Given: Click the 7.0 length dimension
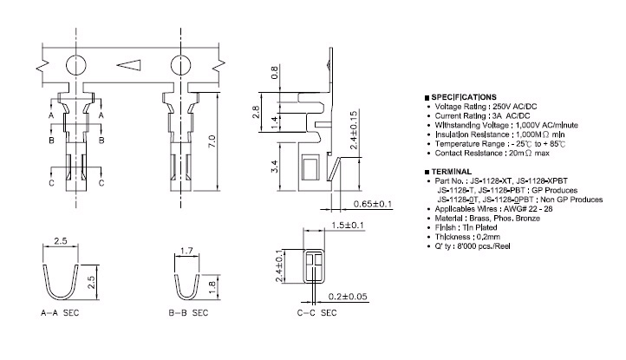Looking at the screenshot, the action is click(212, 141).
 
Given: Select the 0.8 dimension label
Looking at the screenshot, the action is click(275, 72).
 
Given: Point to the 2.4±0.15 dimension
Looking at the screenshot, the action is click(354, 130).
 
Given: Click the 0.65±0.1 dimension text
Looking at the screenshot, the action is click(373, 204).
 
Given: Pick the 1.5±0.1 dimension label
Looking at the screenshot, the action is click(348, 225).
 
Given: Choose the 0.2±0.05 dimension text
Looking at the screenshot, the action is click(348, 297).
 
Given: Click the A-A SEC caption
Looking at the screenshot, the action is click(60, 313).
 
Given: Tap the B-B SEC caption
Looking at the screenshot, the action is click(188, 313).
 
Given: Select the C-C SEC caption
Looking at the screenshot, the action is click(317, 313).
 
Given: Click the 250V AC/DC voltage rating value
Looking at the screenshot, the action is click(515, 107).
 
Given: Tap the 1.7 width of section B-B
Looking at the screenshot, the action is click(186, 251).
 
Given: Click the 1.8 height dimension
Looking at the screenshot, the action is click(212, 287).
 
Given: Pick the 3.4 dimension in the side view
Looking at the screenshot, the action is click(275, 167).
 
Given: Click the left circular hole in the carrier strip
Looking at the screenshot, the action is click(75, 65).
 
